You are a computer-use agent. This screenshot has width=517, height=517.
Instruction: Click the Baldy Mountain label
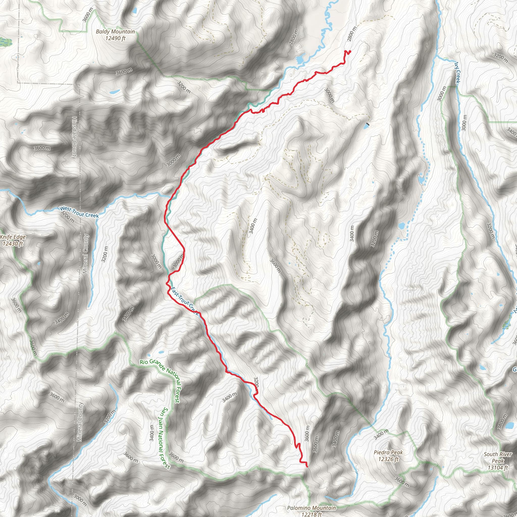point(115,32)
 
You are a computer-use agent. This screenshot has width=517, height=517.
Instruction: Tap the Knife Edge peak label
point(13,237)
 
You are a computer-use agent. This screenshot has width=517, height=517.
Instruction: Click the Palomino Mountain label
point(311,508)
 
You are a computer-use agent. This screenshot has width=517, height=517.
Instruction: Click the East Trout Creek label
point(185,301)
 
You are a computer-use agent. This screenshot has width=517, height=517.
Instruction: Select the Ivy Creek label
point(458,73)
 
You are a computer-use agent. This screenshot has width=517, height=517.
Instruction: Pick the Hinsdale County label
point(74,138)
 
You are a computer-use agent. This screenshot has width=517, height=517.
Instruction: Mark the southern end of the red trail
point(307,467)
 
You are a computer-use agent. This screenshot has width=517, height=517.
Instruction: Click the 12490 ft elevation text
point(115,38)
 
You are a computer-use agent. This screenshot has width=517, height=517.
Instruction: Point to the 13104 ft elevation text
point(498,468)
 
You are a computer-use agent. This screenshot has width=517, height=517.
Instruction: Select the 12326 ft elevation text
point(388,459)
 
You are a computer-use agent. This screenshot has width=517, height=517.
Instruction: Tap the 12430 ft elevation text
point(13,244)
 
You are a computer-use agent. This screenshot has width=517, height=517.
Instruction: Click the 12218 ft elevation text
point(311,514)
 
